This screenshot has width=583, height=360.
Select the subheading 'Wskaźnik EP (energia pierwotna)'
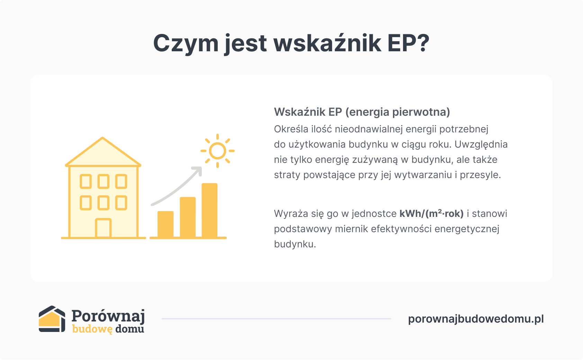point(362,112)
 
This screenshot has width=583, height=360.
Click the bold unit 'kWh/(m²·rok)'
point(431,213)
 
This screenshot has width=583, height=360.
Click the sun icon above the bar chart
point(217,151)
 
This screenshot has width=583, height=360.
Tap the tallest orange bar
point(209,210)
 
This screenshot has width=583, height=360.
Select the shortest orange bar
point(165,224)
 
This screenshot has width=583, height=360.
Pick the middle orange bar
point(188,217)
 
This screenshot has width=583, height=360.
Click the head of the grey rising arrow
point(198,170)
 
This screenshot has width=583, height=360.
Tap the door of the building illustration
point(103,228)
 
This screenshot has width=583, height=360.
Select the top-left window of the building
point(86,182)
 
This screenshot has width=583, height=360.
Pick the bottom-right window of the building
point(121,203)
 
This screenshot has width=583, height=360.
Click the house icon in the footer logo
point(52,319)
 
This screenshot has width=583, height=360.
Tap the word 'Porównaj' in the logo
point(108,316)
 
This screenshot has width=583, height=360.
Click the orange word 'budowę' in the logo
point(92,329)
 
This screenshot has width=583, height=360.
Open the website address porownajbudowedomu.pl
point(476,319)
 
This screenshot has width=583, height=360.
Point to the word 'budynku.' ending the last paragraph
point(295,244)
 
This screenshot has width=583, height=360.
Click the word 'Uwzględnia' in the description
point(481,144)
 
